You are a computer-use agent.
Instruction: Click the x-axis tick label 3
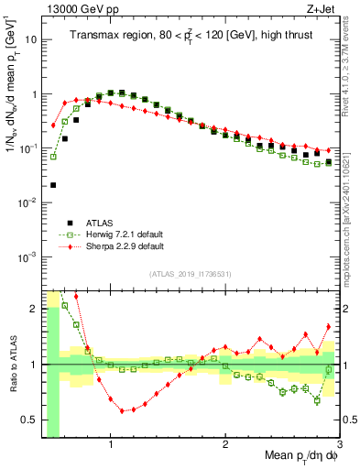pyautogui.click(x=339, y=448)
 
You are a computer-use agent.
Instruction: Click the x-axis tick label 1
pyautogui.click(x=111, y=448)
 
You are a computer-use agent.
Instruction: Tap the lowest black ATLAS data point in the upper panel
pyautogui.click(x=53, y=185)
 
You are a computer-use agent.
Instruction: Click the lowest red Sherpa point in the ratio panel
pyautogui.click(x=122, y=410)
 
